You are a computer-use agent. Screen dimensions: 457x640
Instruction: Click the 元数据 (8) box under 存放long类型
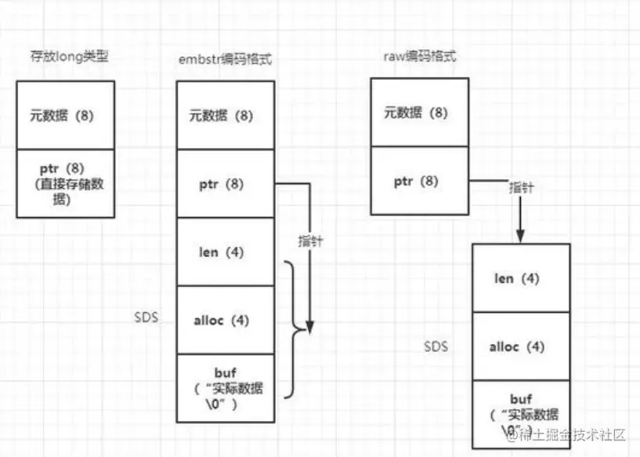(x=65, y=115)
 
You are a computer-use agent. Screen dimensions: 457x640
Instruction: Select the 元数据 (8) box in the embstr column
(x=225, y=115)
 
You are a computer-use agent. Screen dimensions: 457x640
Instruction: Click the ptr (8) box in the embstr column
(x=225, y=184)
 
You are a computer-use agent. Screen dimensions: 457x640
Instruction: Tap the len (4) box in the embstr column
(x=225, y=252)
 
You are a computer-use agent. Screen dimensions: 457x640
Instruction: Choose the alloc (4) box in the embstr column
(x=225, y=320)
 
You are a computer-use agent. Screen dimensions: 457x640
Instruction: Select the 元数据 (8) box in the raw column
(x=419, y=112)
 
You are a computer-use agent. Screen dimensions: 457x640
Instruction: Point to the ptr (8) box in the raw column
(x=419, y=180)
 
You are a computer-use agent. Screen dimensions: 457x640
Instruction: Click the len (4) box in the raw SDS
(x=521, y=277)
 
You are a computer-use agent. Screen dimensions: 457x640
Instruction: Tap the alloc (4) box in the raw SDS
(x=521, y=346)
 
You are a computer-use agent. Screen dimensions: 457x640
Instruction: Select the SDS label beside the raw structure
(x=436, y=346)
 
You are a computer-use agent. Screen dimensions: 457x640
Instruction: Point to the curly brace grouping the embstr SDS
(x=295, y=329)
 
